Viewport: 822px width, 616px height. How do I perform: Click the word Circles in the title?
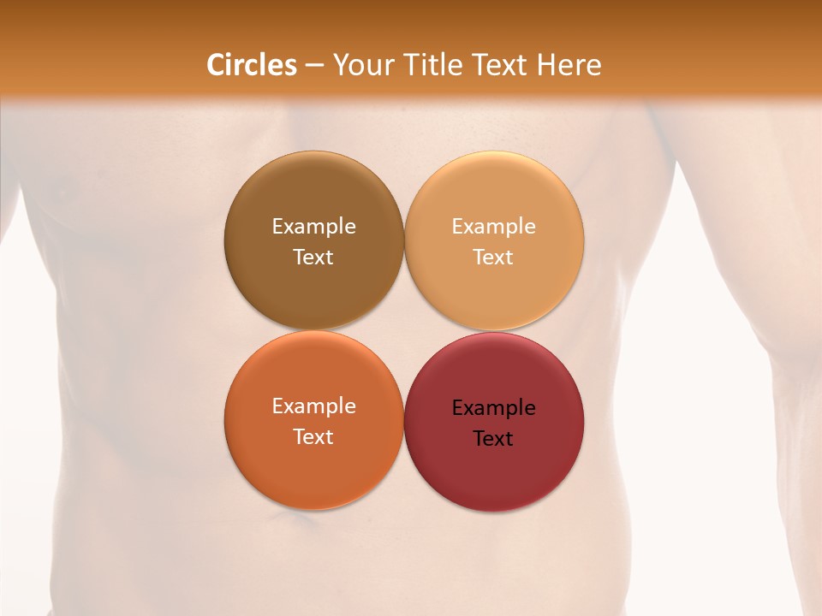[x=251, y=65]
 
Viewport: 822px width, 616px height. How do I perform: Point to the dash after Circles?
[x=314, y=66]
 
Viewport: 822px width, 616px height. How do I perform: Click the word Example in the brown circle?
[x=313, y=226]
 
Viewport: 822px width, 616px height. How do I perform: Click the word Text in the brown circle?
[x=313, y=257]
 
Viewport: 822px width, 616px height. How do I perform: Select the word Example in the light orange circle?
[x=493, y=226]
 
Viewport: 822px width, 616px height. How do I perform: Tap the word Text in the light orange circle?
[x=493, y=257]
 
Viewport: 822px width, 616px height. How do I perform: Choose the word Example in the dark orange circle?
[x=313, y=406]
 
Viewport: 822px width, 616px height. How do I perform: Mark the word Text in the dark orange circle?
[x=313, y=436]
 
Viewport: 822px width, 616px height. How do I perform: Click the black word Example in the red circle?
[x=493, y=408]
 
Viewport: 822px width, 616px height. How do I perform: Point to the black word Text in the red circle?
[x=493, y=439]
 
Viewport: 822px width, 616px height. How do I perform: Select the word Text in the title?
[x=502, y=65]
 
